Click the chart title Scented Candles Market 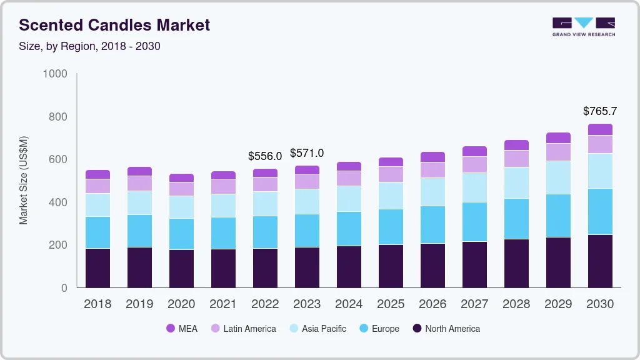(x=114, y=25)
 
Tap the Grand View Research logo (x=583, y=26)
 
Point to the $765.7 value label (x=600, y=111)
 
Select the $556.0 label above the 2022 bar (x=265, y=156)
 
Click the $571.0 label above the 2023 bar (x=307, y=153)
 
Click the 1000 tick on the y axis (x=55, y=74)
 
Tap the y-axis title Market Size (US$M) (x=23, y=180)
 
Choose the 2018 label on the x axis (x=97, y=304)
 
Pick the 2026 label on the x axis (x=432, y=304)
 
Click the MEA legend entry (x=182, y=329)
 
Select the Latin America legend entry (x=243, y=329)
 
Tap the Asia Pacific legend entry (x=317, y=329)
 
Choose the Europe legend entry (x=379, y=329)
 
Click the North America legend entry (x=446, y=329)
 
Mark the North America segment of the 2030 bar (x=600, y=261)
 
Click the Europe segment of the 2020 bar (x=181, y=234)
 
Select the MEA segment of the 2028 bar (x=516, y=145)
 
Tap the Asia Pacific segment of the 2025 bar (x=391, y=196)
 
